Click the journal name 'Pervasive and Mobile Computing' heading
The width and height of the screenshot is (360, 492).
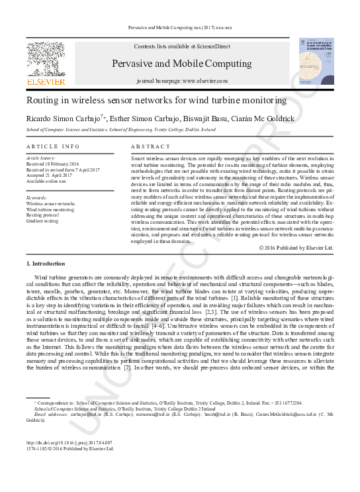pos(180,64)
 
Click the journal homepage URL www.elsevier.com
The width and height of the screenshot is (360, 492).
pos(204,81)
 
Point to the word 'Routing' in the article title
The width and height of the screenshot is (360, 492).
pos(44,100)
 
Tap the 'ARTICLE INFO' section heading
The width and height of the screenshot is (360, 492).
pos(53,146)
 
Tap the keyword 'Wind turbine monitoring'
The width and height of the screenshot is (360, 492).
pos(50,209)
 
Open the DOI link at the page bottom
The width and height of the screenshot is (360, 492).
pos(69,442)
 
